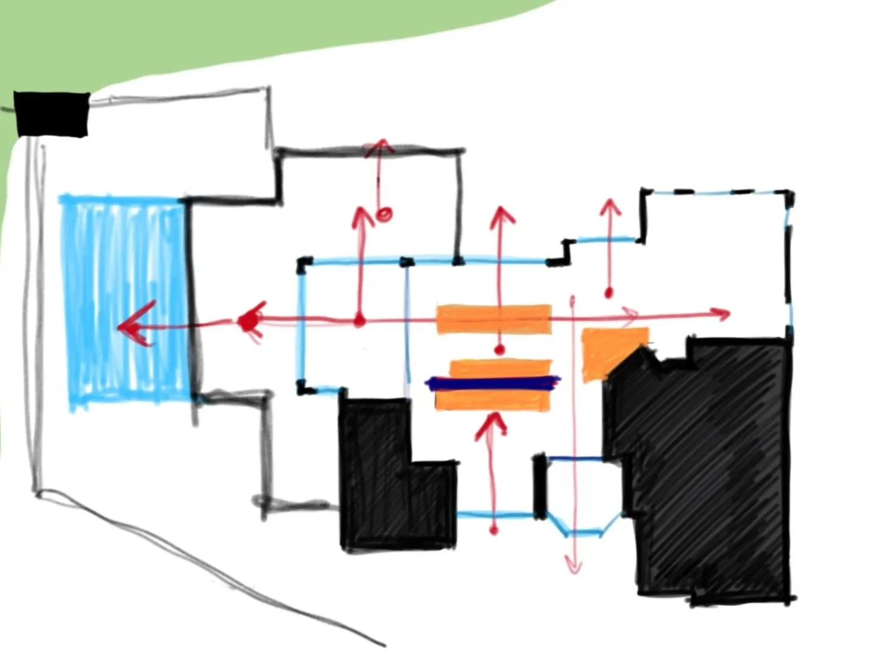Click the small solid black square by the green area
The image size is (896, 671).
(x=51, y=114)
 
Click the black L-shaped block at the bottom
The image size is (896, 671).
(x=390, y=481)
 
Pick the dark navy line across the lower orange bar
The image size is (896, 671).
(x=492, y=383)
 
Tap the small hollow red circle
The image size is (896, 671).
(x=384, y=214)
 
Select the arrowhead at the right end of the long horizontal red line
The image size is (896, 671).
(x=723, y=314)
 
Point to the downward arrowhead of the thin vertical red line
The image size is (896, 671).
(x=573, y=566)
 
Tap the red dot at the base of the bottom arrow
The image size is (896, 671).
(x=493, y=530)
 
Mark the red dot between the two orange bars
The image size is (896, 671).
(x=499, y=350)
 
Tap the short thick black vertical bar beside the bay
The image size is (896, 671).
(x=540, y=486)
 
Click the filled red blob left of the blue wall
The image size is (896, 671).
(x=248, y=321)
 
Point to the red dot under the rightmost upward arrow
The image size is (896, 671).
(x=609, y=293)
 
